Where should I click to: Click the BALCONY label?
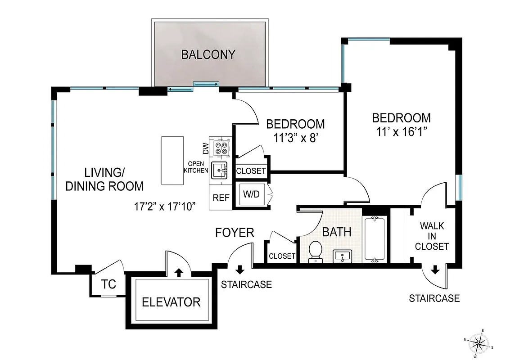pos(208,54)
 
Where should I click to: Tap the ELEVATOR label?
pos(171,301)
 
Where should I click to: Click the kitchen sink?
pos(221,170)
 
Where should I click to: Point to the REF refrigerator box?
pos(221,198)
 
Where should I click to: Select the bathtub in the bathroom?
pos(375,239)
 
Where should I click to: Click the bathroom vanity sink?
pos(343,256)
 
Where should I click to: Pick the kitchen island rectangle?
pos(173,160)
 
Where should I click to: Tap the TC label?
pos(108,284)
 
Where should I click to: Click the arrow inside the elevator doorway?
pos(179,272)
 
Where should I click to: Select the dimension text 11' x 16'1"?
pos(401,132)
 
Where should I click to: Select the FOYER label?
pos(235,233)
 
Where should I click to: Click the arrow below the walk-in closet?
pos(435,270)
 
